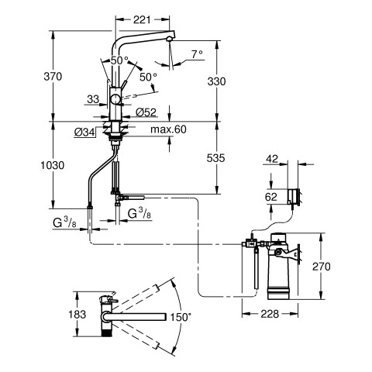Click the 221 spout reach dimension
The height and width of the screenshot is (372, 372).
click(x=142, y=19)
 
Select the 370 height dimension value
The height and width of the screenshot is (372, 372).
click(x=53, y=77)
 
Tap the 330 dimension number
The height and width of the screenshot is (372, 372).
click(x=216, y=81)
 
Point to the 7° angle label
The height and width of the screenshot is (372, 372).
click(x=197, y=54)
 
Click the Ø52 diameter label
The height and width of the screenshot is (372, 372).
click(x=146, y=112)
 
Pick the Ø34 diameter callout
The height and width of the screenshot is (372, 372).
click(x=84, y=133)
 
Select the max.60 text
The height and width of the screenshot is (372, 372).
click(x=168, y=129)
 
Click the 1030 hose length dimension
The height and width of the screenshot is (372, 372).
click(x=53, y=165)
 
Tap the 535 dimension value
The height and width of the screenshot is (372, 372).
click(x=216, y=158)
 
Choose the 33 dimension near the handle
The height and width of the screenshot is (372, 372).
click(x=93, y=99)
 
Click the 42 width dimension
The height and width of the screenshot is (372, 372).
click(x=272, y=159)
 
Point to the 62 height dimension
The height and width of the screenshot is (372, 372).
click(x=271, y=197)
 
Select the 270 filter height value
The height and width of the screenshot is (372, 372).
click(x=322, y=267)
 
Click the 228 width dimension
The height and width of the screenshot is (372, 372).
click(x=270, y=314)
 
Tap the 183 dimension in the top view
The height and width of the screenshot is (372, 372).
click(x=77, y=315)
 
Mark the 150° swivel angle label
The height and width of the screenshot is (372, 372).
click(x=181, y=317)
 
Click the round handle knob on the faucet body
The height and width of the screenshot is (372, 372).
click(x=115, y=99)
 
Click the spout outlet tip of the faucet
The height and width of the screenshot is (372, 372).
click(x=169, y=39)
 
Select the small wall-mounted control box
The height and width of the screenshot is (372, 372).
click(x=293, y=197)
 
